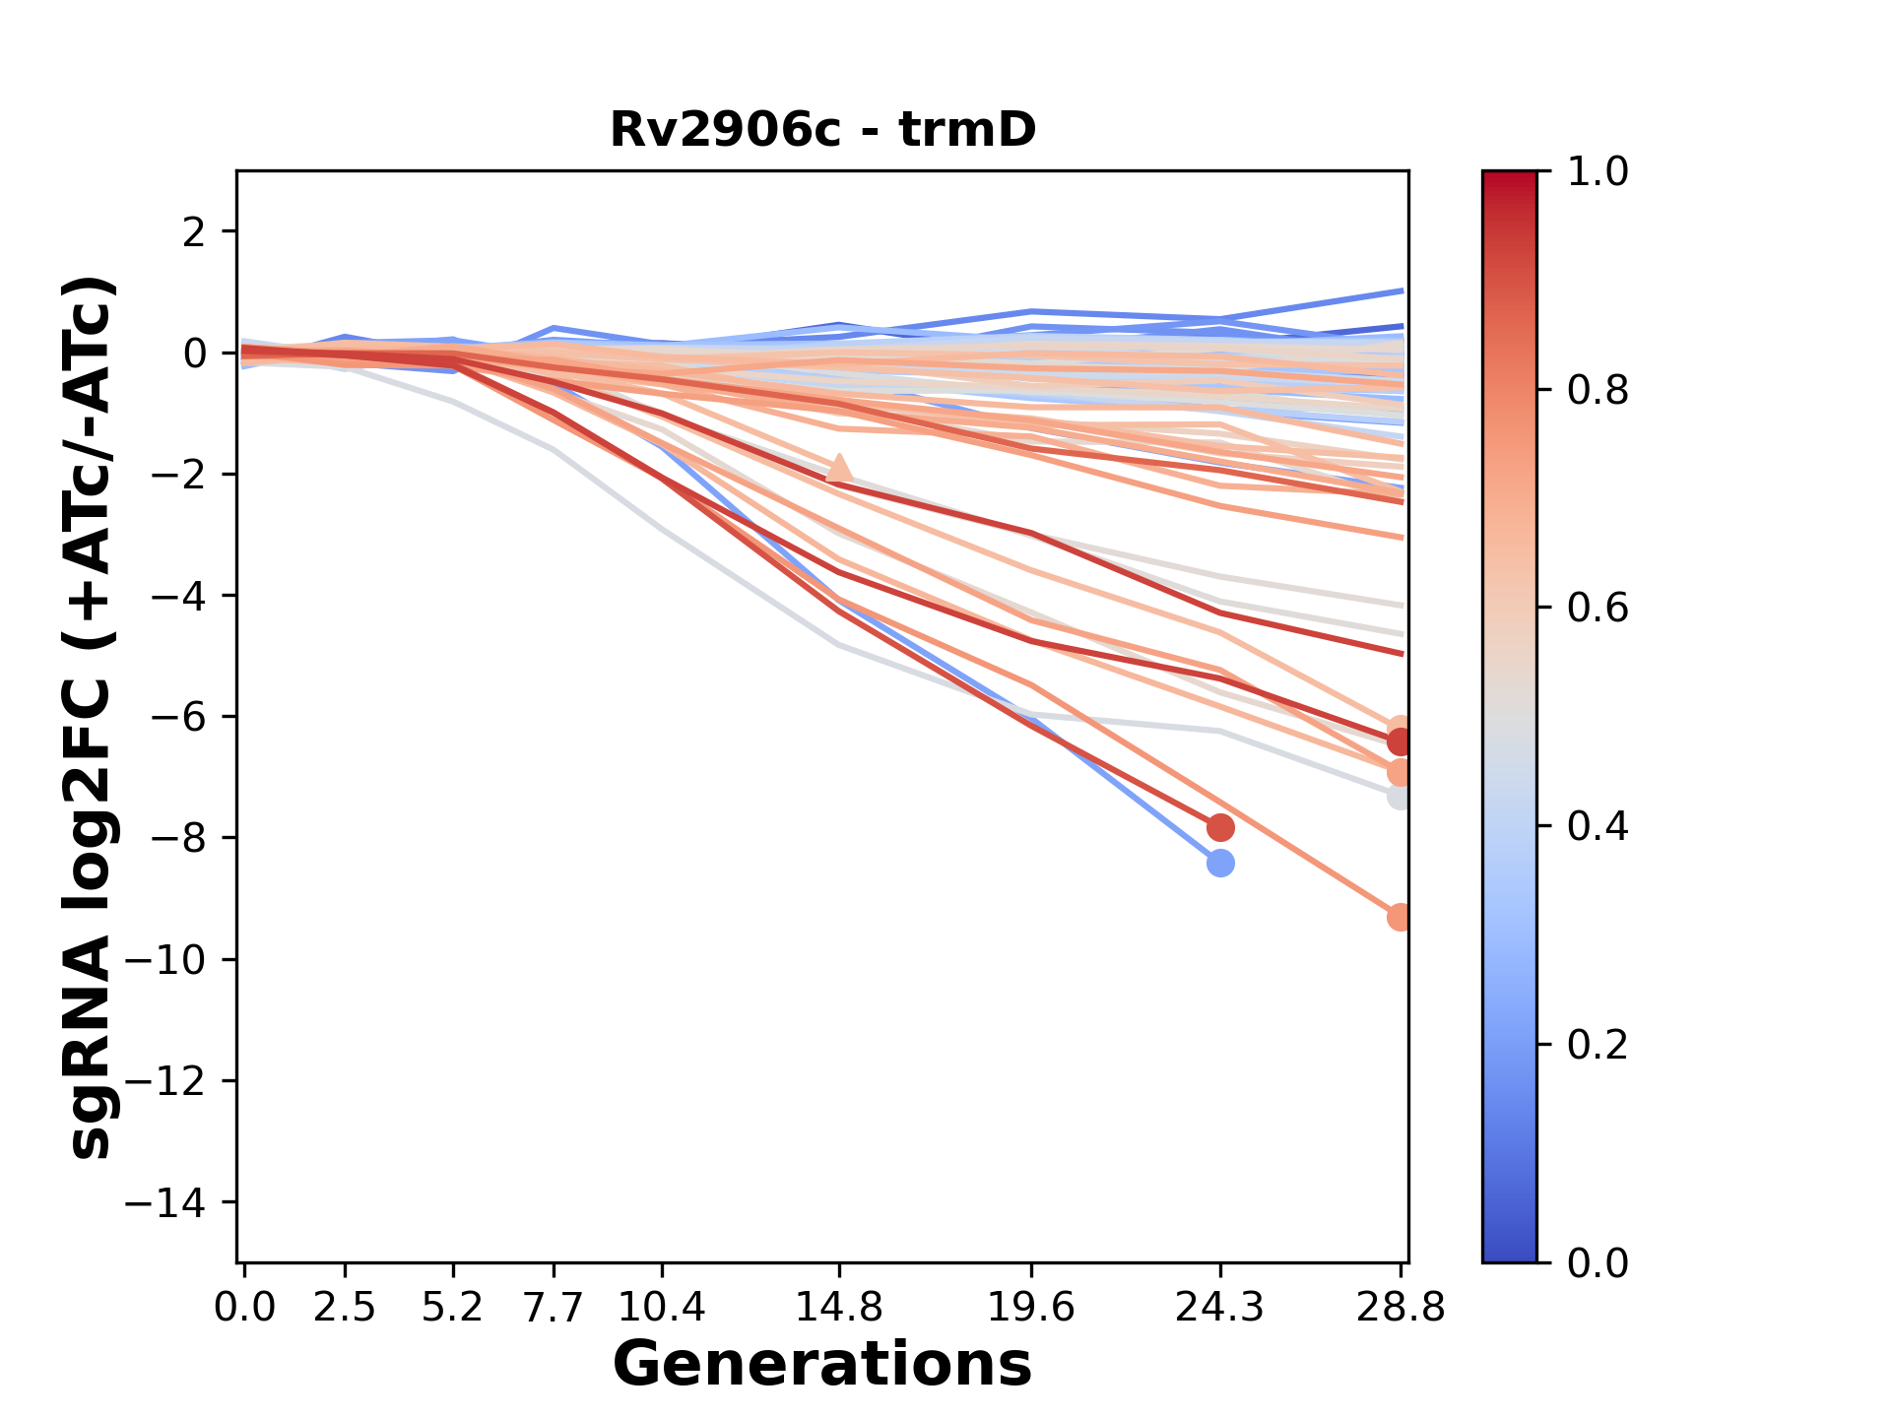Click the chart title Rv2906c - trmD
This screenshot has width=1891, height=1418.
pyautogui.click(x=822, y=130)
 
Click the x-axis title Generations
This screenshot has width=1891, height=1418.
pyautogui.click(x=822, y=1365)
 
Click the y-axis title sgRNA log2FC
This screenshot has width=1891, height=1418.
pyautogui.click(x=92, y=717)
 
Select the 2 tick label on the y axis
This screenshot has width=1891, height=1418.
pyautogui.click(x=195, y=232)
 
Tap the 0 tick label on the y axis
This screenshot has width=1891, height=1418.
pyautogui.click(x=195, y=354)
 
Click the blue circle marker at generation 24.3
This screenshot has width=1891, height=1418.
pyautogui.click(x=1220, y=864)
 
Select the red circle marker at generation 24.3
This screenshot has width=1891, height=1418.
pyautogui.click(x=1220, y=827)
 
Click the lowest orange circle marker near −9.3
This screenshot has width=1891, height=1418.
pyautogui.click(x=1400, y=917)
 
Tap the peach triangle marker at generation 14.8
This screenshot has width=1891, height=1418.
pyautogui.click(x=839, y=469)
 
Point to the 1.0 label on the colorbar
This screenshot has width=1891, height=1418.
pyautogui.click(x=1598, y=172)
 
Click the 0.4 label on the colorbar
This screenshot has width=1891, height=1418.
pyautogui.click(x=1598, y=826)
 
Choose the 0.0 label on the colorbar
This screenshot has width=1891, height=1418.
pyautogui.click(x=1598, y=1262)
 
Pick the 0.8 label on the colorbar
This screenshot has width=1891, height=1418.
pyautogui.click(x=1598, y=391)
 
